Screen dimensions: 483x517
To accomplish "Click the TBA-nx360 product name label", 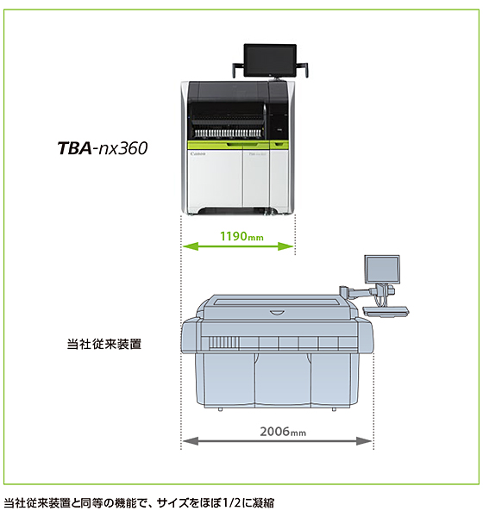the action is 103,148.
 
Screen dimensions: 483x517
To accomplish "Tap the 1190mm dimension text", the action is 241,236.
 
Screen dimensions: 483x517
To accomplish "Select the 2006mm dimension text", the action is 283,432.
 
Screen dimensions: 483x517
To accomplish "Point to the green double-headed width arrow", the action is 238,246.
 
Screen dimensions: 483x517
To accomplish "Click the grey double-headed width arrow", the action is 278,441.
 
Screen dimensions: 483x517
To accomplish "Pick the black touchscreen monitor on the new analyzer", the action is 270,61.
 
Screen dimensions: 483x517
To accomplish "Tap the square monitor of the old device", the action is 382,269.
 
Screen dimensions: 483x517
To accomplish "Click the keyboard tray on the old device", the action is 386,311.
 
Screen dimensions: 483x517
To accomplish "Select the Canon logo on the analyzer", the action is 198,154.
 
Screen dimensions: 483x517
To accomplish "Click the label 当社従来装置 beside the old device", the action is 104,344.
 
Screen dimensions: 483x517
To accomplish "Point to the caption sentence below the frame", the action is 139,503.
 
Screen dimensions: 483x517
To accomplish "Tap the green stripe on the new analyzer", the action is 238,145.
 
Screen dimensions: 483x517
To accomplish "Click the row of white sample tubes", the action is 228,133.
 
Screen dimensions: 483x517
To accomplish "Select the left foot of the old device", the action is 220,409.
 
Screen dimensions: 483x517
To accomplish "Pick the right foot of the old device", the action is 334,409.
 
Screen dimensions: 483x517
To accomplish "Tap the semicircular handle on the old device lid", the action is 277,313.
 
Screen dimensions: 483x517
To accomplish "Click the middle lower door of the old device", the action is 283,378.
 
